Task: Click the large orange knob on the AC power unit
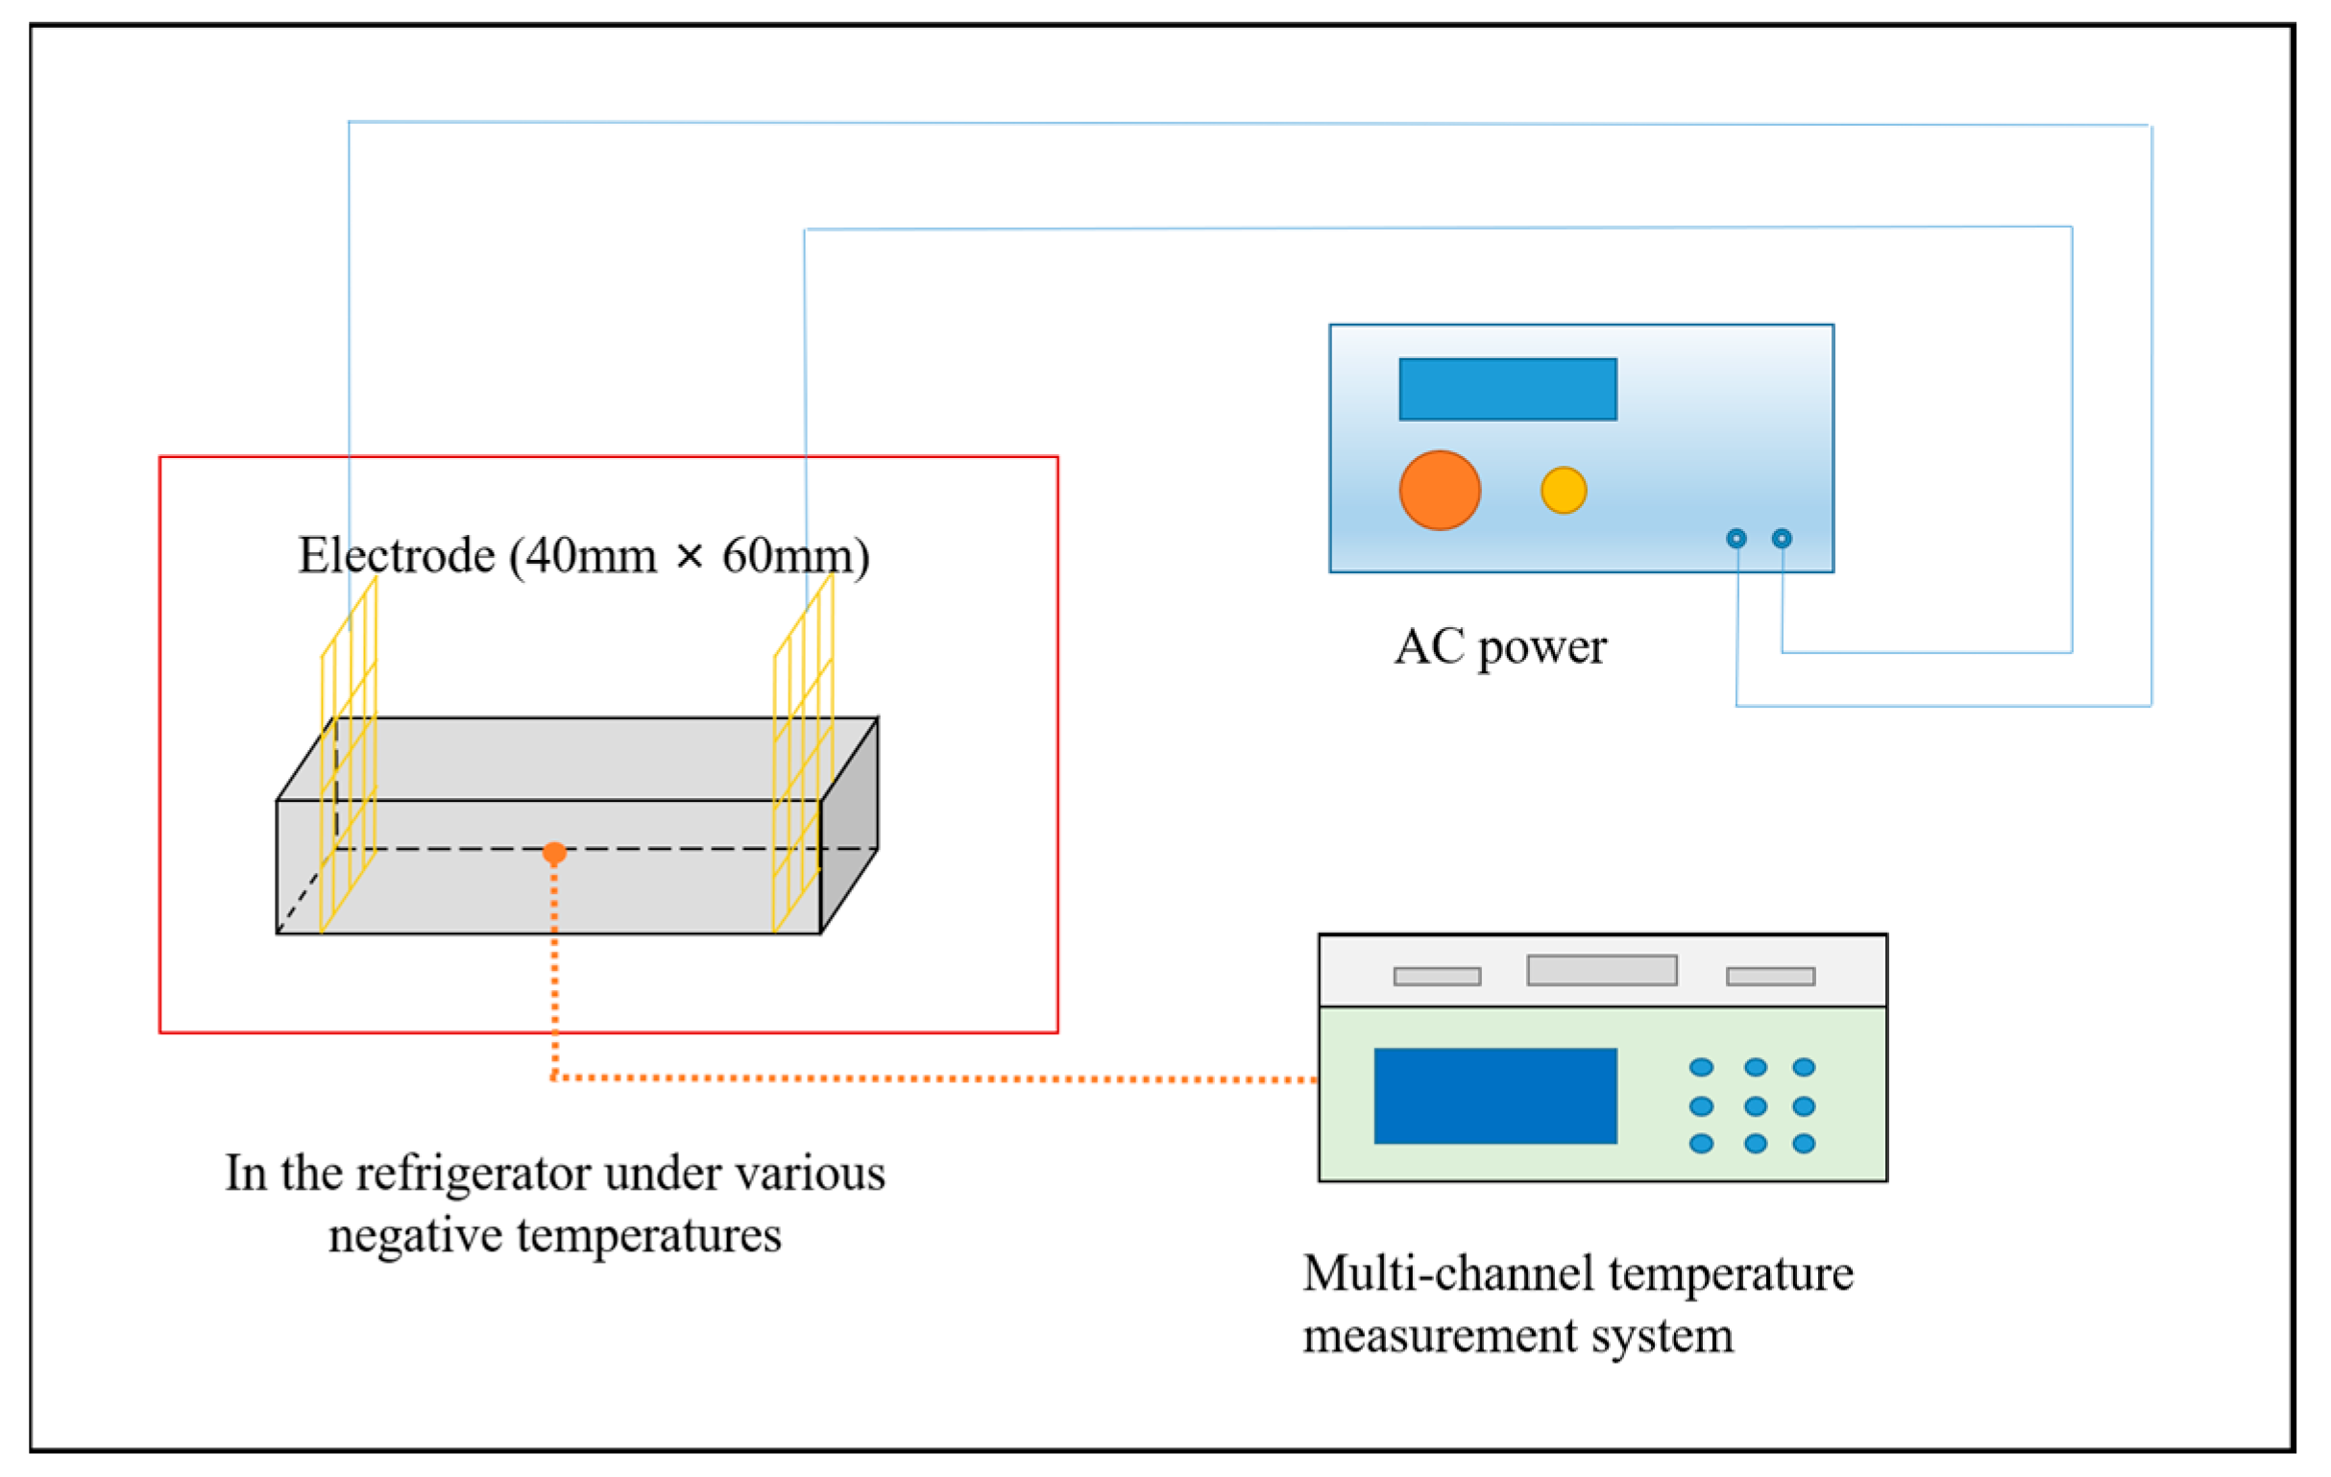(x=1440, y=490)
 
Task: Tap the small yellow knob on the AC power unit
(x=1564, y=490)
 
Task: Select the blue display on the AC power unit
(x=1507, y=389)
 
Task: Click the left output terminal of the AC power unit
(x=1736, y=538)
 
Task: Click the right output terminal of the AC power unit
(x=1782, y=538)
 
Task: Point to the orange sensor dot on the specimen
(x=554, y=852)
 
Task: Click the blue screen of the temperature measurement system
(x=1495, y=1096)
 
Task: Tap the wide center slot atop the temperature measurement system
(x=1602, y=970)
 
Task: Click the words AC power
(x=1500, y=646)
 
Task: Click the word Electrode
(x=397, y=556)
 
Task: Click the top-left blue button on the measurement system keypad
(x=1701, y=1067)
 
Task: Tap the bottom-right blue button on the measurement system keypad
(x=1804, y=1143)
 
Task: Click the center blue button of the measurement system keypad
(x=1755, y=1105)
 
